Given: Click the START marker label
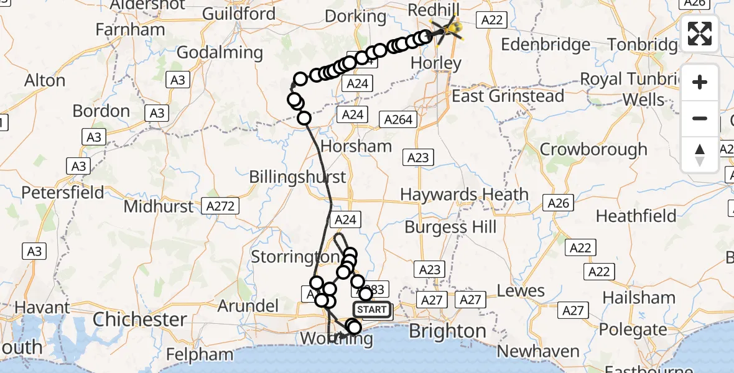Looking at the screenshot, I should (372, 310).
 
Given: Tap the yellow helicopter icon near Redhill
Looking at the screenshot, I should (449, 29).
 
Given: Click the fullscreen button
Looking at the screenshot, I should (700, 34).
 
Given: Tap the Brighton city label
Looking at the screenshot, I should (447, 331).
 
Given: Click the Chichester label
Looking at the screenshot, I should (139, 320).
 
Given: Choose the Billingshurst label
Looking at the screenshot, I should (297, 177).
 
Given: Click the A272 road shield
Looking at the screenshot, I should (221, 205).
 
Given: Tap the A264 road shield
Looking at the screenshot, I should (399, 119).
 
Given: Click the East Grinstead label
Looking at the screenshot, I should (508, 96).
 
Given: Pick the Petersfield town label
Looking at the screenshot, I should (63, 193).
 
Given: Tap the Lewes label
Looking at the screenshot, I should (521, 290).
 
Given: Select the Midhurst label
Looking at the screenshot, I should (159, 206).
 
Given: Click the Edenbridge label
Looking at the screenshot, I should (546, 45).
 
